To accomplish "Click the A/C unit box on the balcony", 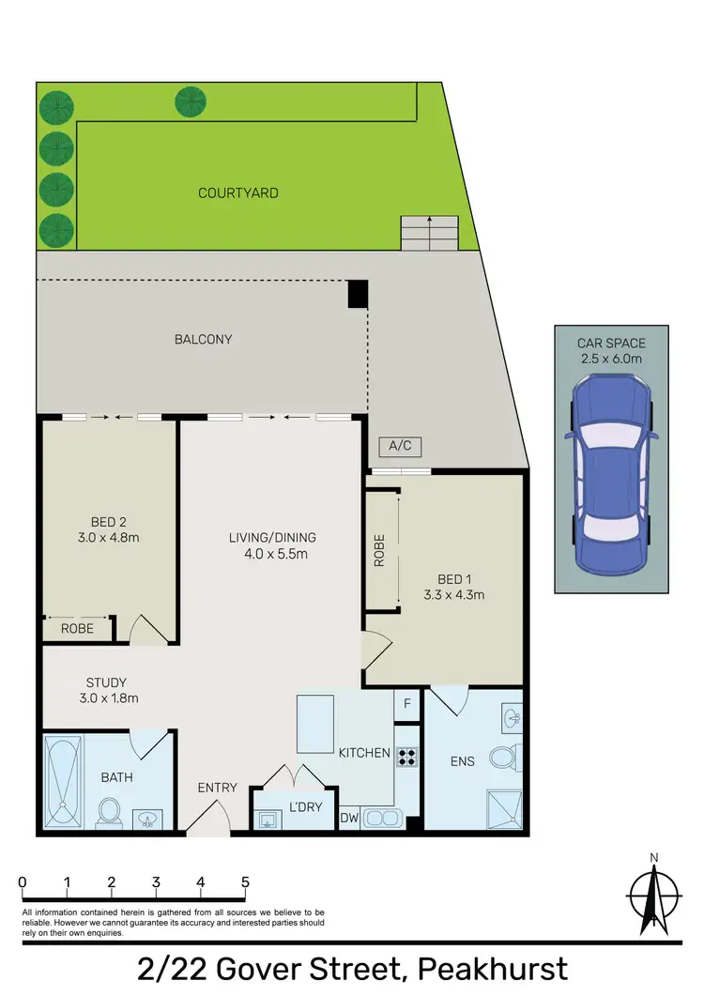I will tap(392, 447).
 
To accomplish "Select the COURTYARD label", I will tap(238, 193).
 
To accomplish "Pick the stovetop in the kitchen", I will tap(406, 757).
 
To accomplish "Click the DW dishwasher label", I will tap(349, 818).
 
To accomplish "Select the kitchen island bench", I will tap(315, 724).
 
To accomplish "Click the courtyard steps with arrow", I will tap(430, 232).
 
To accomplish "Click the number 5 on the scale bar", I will tap(245, 882).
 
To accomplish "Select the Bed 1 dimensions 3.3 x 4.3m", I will tap(454, 595).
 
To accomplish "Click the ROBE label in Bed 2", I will tap(77, 629).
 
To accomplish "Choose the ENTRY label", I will tap(217, 788).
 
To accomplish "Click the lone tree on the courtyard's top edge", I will tap(191, 100).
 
